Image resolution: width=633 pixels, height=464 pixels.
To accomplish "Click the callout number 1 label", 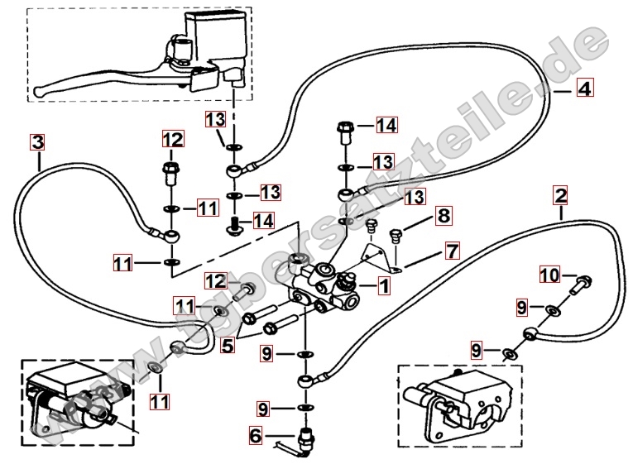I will [x=383, y=286].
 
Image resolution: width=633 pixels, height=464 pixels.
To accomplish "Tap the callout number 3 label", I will [x=37, y=141].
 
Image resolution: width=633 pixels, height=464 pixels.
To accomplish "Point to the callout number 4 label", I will [x=583, y=88].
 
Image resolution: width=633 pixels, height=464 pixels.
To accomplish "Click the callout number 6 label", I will [x=255, y=434].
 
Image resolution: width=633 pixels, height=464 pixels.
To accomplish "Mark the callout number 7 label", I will [x=452, y=249].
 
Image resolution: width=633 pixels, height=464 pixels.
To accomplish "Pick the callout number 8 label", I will [x=444, y=217].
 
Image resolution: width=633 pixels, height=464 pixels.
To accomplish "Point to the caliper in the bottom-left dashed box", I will [x=79, y=401].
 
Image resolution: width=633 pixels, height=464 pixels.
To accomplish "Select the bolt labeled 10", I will [x=580, y=285].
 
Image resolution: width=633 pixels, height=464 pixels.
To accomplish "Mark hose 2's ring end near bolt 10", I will [x=529, y=334].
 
